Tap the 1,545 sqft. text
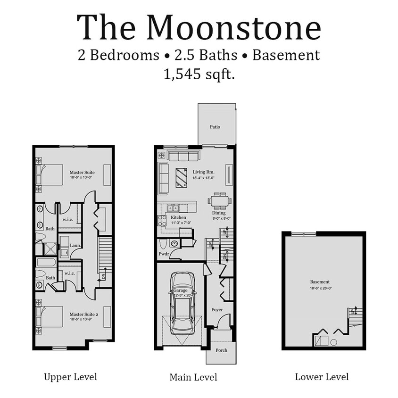tap(199, 74)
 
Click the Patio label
tap(215, 127)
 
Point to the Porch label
tap(221, 350)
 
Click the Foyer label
tap(217, 310)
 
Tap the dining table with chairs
tap(219, 201)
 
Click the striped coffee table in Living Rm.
tap(182, 177)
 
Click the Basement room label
tap(320, 282)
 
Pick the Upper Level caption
tap(70, 377)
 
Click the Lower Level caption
tap(322, 377)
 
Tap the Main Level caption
tap(193, 377)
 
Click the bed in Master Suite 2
tap(50, 316)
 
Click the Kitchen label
tap(178, 217)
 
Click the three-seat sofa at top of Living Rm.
tap(183, 156)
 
